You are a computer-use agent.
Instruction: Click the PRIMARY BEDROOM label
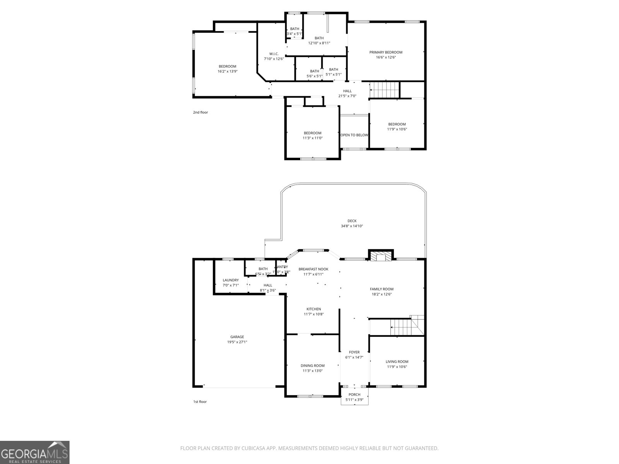386,52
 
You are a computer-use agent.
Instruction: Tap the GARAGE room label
237,337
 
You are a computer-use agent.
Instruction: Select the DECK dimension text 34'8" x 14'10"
352,226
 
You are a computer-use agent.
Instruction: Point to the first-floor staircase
404,327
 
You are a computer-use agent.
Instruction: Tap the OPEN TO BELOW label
354,135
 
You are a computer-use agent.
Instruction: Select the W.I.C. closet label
274,54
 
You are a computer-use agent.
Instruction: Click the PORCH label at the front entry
354,395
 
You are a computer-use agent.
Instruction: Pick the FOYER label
354,352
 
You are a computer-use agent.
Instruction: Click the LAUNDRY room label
231,280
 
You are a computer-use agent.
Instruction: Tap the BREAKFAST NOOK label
313,269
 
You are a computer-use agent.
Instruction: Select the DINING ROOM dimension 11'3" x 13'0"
313,371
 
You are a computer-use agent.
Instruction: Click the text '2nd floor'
200,113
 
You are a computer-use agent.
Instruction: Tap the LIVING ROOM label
397,362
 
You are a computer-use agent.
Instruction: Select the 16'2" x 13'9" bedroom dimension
227,71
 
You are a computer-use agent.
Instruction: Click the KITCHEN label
313,309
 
